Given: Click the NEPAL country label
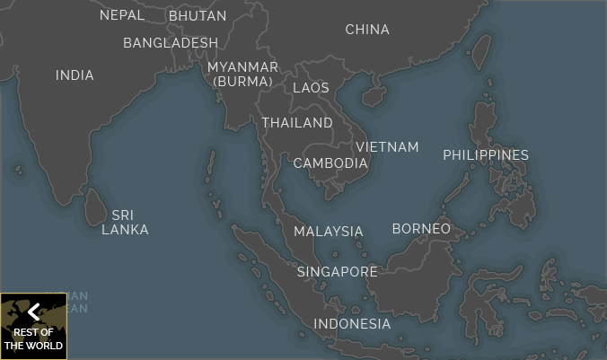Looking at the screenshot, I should (122, 15).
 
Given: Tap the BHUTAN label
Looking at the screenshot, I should (198, 15).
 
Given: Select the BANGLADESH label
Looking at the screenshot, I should (171, 43).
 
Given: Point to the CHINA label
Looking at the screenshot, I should (367, 30).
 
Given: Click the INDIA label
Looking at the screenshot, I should (75, 75).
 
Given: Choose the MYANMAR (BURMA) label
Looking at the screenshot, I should (242, 75).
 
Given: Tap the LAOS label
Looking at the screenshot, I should (311, 88).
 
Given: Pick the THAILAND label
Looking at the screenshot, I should (297, 123).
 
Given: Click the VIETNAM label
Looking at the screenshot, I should (387, 147).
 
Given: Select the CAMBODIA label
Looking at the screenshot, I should (330, 163).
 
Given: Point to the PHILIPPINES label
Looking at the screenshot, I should (486, 155).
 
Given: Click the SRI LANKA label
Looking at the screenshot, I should (125, 223).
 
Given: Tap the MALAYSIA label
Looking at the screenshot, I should (329, 232).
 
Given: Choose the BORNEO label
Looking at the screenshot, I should (421, 229).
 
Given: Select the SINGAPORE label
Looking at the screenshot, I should (338, 272).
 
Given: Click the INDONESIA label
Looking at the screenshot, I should (352, 324).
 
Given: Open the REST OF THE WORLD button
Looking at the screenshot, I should (33, 338).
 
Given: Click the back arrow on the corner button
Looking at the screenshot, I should (33, 312).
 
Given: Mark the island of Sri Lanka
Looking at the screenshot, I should (92, 207).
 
